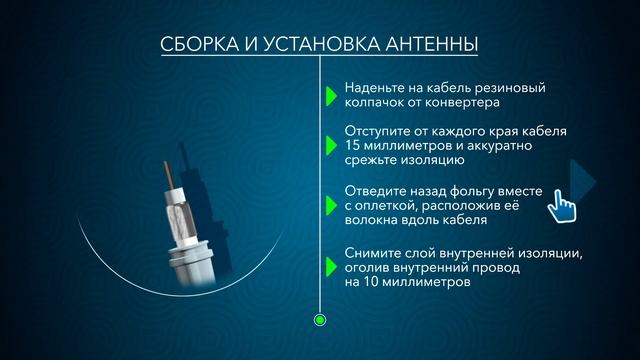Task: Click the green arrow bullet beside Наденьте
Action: pos(330,95)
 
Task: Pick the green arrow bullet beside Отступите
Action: pos(330,146)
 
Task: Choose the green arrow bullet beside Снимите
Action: pos(330,267)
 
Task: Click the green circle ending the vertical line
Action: pos(320,320)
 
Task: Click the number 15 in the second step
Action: pos(351,146)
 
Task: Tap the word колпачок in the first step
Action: pos(376,102)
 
